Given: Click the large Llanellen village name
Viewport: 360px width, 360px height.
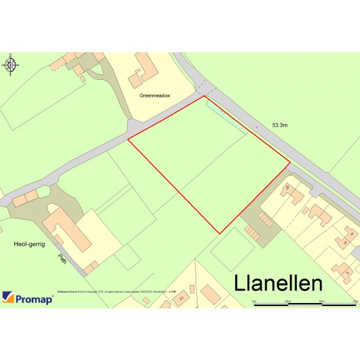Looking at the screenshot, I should (278, 283).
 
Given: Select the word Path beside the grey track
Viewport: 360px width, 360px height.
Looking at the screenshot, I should (62, 259).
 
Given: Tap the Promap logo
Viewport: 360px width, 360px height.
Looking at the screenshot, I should (28, 298).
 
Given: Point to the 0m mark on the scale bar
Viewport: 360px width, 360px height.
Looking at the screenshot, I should (254, 301).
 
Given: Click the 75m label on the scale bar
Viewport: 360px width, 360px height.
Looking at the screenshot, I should (355, 301).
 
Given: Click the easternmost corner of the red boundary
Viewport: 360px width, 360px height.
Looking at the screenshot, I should (290, 162).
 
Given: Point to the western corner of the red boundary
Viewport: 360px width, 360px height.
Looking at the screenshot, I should (128, 140).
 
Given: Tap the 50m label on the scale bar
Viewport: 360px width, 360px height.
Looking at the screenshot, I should (322, 301).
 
